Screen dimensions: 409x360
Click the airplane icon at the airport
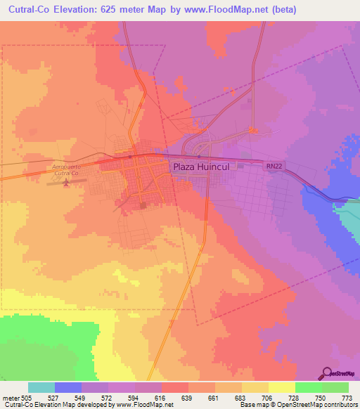coord(67,183)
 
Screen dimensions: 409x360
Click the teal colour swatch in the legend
coord(41,387)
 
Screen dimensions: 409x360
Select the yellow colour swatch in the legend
coord(282,387)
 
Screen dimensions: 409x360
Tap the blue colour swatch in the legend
coord(68,387)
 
